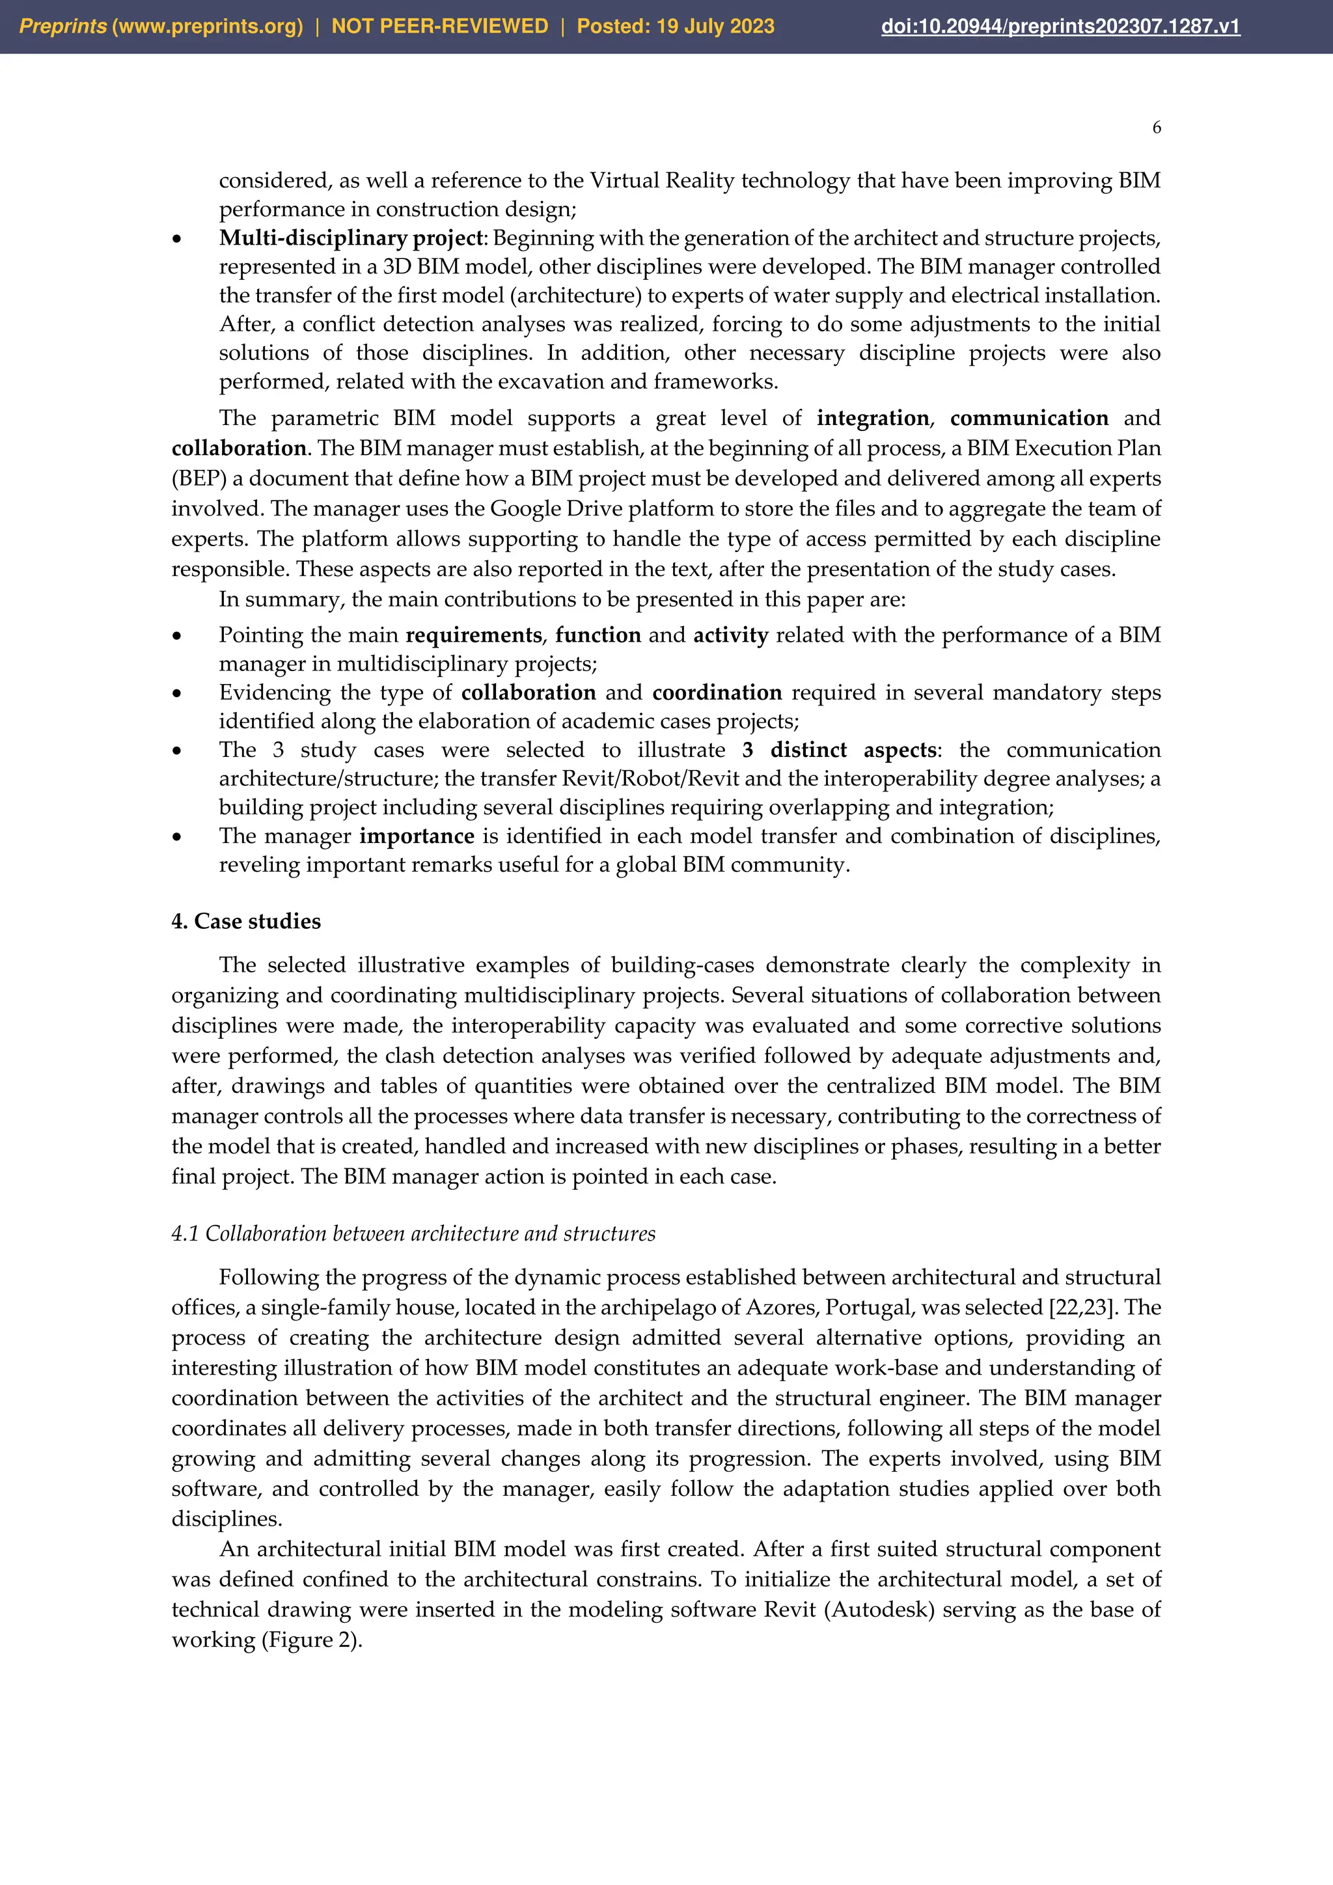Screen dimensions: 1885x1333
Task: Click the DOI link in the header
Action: [x=1060, y=26]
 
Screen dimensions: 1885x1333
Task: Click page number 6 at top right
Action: [x=1156, y=128]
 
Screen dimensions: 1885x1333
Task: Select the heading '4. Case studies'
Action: [x=245, y=921]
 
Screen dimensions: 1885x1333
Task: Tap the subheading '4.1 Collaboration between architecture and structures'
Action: [x=413, y=1233]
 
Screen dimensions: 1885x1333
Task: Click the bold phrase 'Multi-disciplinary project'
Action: [x=352, y=238]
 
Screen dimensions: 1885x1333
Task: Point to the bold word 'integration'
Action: [x=873, y=418]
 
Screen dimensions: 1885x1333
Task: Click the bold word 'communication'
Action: [x=1028, y=418]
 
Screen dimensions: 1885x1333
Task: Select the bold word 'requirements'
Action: [x=474, y=635]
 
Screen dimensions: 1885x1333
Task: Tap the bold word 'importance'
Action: [x=417, y=836]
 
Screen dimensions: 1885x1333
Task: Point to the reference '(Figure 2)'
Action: [x=312, y=1640]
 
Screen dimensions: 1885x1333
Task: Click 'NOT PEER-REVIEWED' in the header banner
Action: [x=439, y=26]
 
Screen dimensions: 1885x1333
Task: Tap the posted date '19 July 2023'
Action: [x=714, y=26]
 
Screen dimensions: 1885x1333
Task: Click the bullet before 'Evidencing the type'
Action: [x=176, y=694]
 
